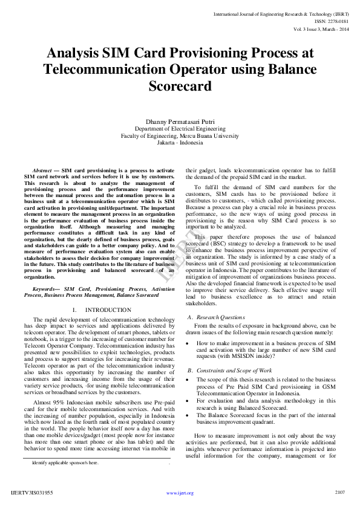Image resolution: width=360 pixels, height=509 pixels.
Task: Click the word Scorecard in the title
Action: [180, 86]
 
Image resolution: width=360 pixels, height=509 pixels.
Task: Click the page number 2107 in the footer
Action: [339, 493]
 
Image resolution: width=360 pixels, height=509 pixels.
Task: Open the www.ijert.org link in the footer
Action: [180, 493]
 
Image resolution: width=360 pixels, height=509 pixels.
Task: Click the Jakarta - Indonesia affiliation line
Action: [180, 143]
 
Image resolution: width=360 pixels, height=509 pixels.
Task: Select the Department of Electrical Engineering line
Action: [180, 129]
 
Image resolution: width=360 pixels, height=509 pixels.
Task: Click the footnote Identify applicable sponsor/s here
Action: [65, 462]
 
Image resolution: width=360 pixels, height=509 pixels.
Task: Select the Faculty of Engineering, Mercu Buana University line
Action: [180, 136]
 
